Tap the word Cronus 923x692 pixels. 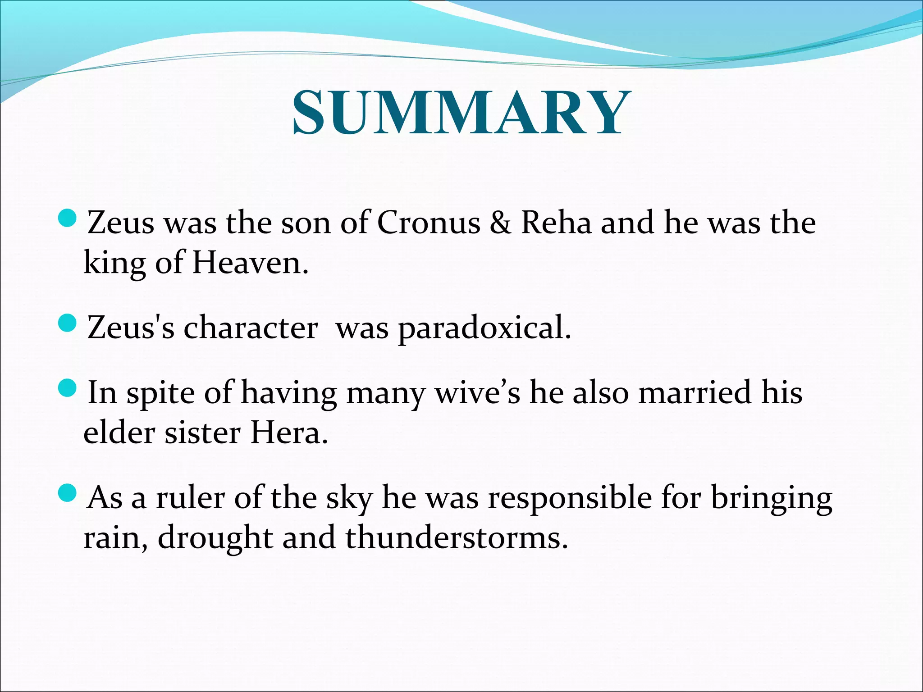coord(429,223)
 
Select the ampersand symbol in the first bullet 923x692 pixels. coord(500,223)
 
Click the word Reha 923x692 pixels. coord(556,223)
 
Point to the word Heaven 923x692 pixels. coord(250,263)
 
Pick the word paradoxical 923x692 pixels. coord(484,328)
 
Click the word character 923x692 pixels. coord(251,328)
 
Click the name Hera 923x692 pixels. coord(289,433)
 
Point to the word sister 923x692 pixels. coord(202,433)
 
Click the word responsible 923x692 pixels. coord(570,498)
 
